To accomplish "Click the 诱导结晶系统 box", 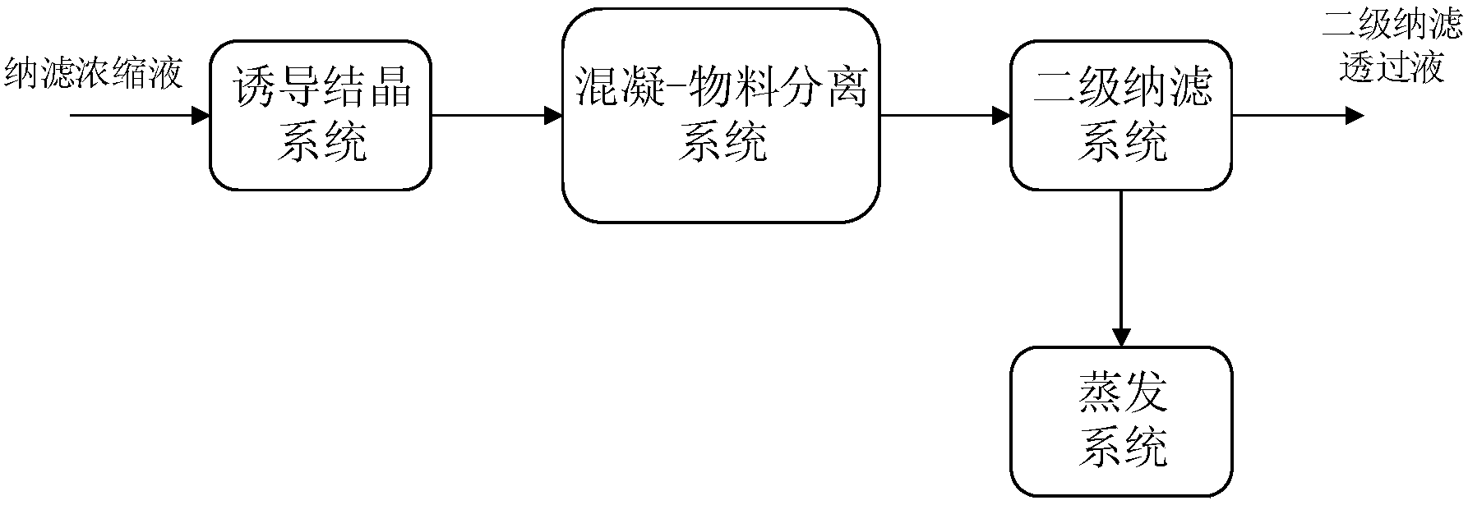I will pos(321,115).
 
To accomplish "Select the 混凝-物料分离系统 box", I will pos(721,115).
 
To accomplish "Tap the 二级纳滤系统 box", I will pos(1121,115).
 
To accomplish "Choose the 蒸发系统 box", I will pos(1121,420).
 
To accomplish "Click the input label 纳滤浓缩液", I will pos(95,75).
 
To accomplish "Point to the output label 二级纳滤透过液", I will pos(1392,45).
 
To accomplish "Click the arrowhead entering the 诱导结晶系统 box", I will pos(201,116).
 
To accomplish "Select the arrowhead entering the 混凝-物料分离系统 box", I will pos(553,116).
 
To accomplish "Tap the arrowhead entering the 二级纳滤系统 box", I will pos(1001,116).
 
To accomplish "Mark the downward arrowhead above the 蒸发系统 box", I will pos(1121,337).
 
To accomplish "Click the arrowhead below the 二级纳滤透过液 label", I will pos(1354,116).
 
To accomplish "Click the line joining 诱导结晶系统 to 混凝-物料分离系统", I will pos(489,116).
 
